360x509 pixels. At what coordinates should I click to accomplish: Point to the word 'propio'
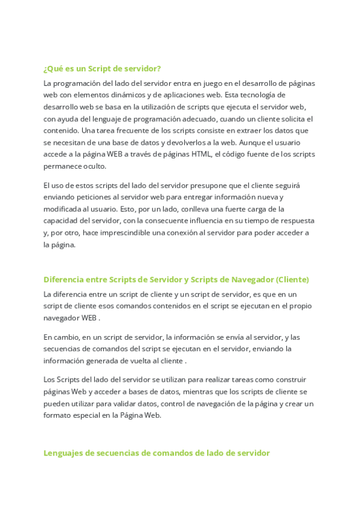click(x=300, y=306)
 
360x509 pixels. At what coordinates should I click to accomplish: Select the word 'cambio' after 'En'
click(x=65, y=337)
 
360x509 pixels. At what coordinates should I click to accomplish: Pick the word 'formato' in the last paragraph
click(x=58, y=415)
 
